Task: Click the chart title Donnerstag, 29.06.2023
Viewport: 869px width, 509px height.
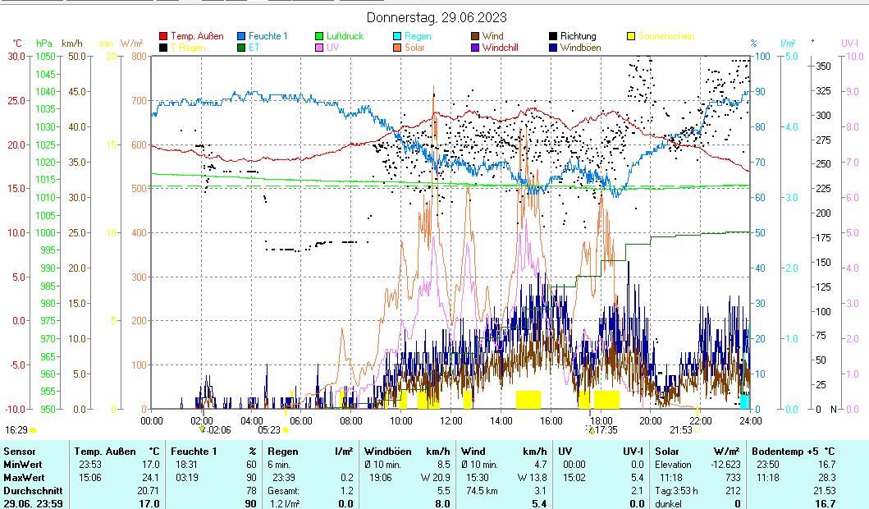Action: coord(436,17)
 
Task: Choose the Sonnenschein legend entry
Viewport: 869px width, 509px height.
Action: coord(665,36)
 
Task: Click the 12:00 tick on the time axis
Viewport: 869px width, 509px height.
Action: coord(451,420)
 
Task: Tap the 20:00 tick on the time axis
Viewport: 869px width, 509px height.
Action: coord(651,420)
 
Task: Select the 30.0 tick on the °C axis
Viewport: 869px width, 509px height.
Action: coord(16,57)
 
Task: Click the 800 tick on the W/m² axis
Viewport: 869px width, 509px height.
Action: coord(137,57)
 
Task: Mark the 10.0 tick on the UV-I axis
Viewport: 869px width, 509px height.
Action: coord(853,57)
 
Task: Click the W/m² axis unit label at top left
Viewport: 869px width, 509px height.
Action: coord(131,43)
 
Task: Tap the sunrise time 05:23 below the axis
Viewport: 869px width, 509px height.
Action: coord(269,429)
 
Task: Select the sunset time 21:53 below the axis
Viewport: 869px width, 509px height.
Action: coord(681,429)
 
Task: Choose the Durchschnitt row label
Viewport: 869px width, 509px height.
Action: coord(28,490)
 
